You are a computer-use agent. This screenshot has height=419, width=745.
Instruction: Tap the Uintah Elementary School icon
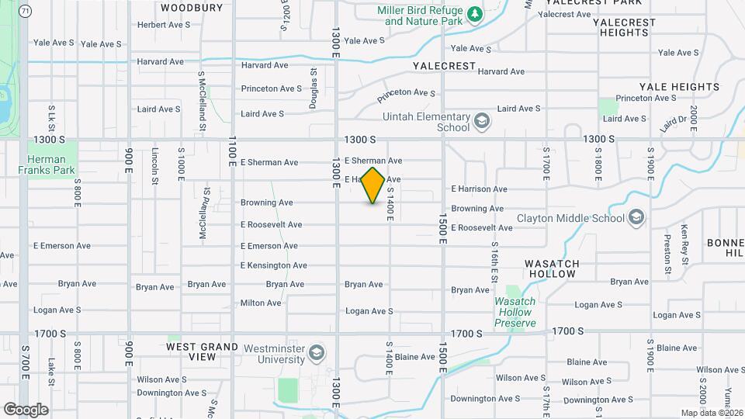tap(482, 122)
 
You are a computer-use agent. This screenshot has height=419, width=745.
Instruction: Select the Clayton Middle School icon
tap(637, 217)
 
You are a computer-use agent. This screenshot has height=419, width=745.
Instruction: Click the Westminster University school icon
tap(316, 354)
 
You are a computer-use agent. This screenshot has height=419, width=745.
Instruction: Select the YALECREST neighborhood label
tap(445, 66)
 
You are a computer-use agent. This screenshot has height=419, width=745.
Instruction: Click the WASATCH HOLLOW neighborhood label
tap(552, 268)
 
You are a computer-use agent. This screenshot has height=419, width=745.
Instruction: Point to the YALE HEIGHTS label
tap(679, 87)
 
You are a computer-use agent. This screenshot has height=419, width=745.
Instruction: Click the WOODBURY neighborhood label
tap(191, 8)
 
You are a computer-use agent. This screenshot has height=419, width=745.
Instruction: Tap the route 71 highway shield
tap(26, 11)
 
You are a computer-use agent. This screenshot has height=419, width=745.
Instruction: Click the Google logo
tap(26, 410)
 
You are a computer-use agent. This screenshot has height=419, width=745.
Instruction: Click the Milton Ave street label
tap(261, 303)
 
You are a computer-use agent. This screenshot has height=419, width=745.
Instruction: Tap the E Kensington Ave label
tap(274, 265)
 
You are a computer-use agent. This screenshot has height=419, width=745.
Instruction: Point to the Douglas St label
tap(314, 89)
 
